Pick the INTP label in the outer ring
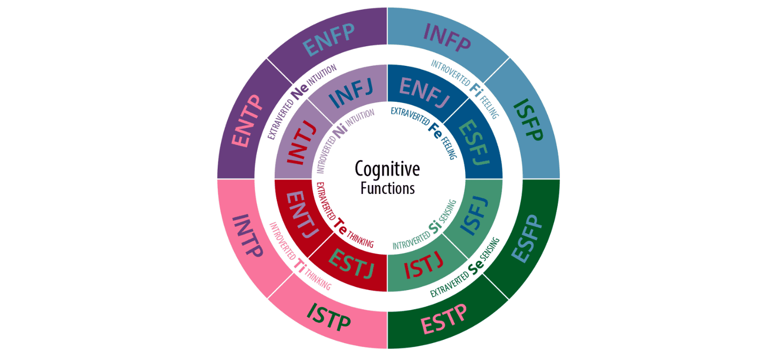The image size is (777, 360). coord(249,237)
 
